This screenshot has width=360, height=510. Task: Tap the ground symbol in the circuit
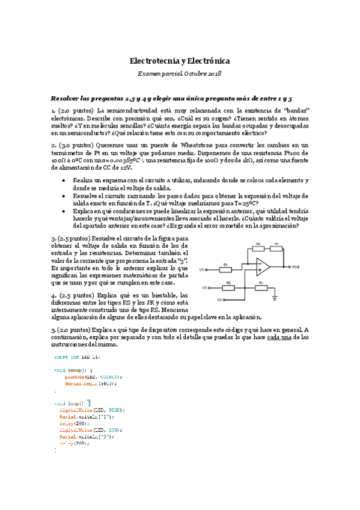click(x=275, y=296)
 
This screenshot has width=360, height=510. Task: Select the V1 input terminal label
click(x=203, y=269)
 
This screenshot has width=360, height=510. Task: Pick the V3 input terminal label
click(x=220, y=299)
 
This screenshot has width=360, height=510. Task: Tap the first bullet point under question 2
click(x=64, y=181)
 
